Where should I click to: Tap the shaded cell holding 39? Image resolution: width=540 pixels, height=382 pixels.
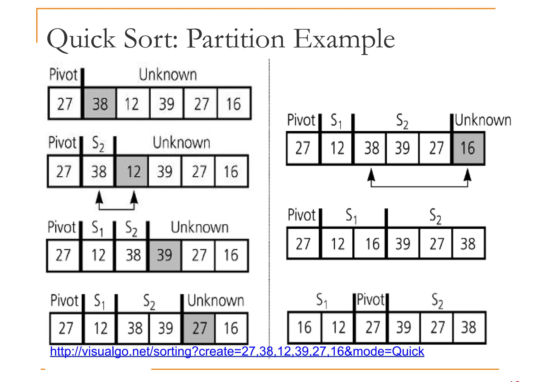coord(165,255)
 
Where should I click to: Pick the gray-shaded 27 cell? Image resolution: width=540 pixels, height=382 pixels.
coord(199,328)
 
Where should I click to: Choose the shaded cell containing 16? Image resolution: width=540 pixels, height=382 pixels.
coord(468,148)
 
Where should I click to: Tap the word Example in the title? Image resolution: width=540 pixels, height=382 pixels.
coord(344,40)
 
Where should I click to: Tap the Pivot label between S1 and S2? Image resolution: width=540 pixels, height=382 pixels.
coord(371,300)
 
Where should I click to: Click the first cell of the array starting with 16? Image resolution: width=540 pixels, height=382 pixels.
coord(305,328)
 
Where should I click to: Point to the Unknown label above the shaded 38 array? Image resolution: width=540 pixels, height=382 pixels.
coord(168,75)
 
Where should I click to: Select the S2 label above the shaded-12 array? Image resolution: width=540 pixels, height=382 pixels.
coord(98,144)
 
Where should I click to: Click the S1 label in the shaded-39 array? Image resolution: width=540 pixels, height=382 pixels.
coord(98,228)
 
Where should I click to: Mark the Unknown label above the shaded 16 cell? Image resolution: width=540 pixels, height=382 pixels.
coord(483,120)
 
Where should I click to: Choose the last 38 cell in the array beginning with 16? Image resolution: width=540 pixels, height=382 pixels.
coord(469,328)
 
